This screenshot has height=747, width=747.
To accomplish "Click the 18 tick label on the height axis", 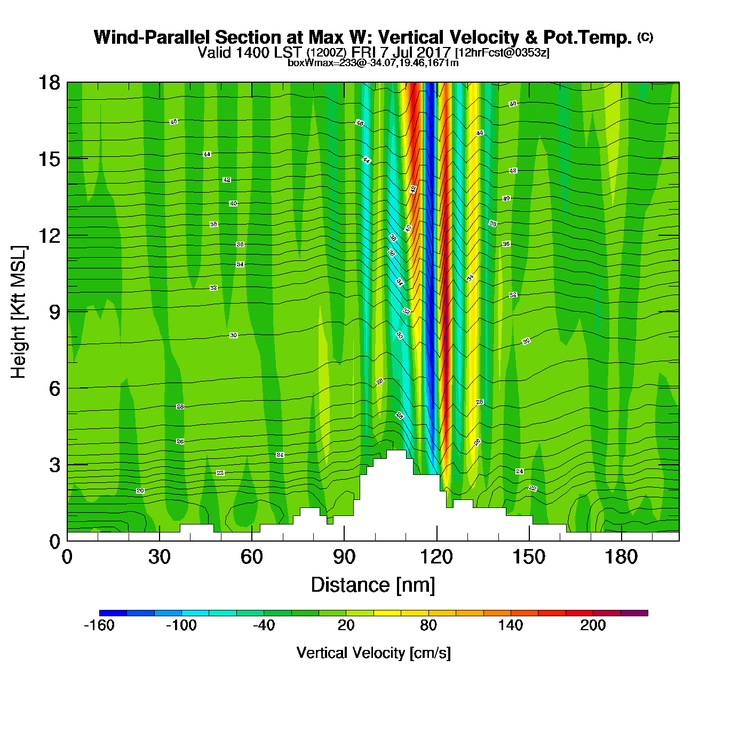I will pos(49,83).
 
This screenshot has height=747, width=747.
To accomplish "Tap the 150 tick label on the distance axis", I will pos(529,558).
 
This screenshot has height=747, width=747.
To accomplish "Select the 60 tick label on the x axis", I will pos(251,558).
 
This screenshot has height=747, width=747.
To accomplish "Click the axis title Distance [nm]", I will pos(373,585).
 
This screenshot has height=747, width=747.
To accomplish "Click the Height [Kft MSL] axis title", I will pos(19,312).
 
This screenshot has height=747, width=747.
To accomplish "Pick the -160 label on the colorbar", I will pos(99,625).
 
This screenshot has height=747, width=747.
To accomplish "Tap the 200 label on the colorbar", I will pos(593,625).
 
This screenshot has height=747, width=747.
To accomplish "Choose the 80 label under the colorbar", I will pos(428,625).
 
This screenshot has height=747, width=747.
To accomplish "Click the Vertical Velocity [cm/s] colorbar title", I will pos(373,653).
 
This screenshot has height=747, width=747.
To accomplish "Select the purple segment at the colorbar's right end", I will pos(634,613).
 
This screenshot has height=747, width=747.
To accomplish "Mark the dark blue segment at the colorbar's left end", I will pos(113,613).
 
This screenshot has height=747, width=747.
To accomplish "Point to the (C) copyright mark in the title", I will pos(645,37).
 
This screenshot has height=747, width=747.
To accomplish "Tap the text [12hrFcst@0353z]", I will pos(502,53).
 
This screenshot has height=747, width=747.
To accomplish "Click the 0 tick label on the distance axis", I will pos(67,558).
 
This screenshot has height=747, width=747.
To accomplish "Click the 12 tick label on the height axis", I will pos(49,235).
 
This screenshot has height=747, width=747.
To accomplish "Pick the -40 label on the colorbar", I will pos(264,625).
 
